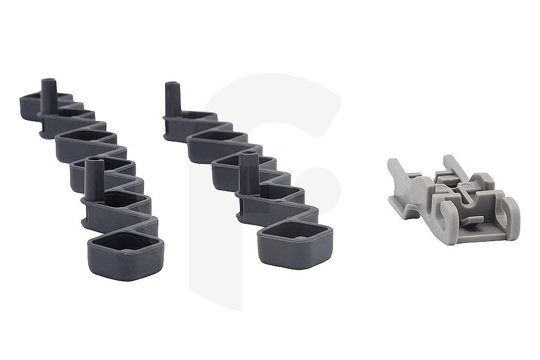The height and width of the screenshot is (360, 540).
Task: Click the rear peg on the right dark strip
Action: point(172,99)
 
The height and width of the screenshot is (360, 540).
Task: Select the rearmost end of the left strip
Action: point(27,98)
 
